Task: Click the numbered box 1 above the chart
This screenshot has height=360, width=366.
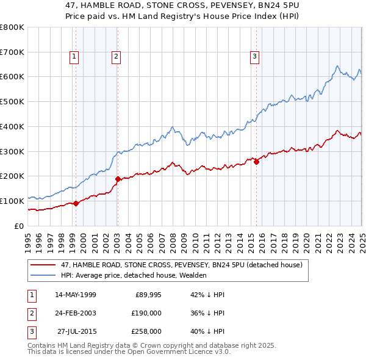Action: click(74, 57)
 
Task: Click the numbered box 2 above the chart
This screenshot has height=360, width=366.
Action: click(115, 57)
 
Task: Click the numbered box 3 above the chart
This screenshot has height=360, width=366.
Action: click(254, 57)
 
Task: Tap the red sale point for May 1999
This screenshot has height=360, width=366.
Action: click(76, 204)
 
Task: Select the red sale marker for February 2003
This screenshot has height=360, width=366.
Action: click(118, 179)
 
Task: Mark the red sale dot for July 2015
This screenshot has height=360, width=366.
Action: click(256, 162)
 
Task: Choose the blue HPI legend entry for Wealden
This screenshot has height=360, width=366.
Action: click(134, 276)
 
